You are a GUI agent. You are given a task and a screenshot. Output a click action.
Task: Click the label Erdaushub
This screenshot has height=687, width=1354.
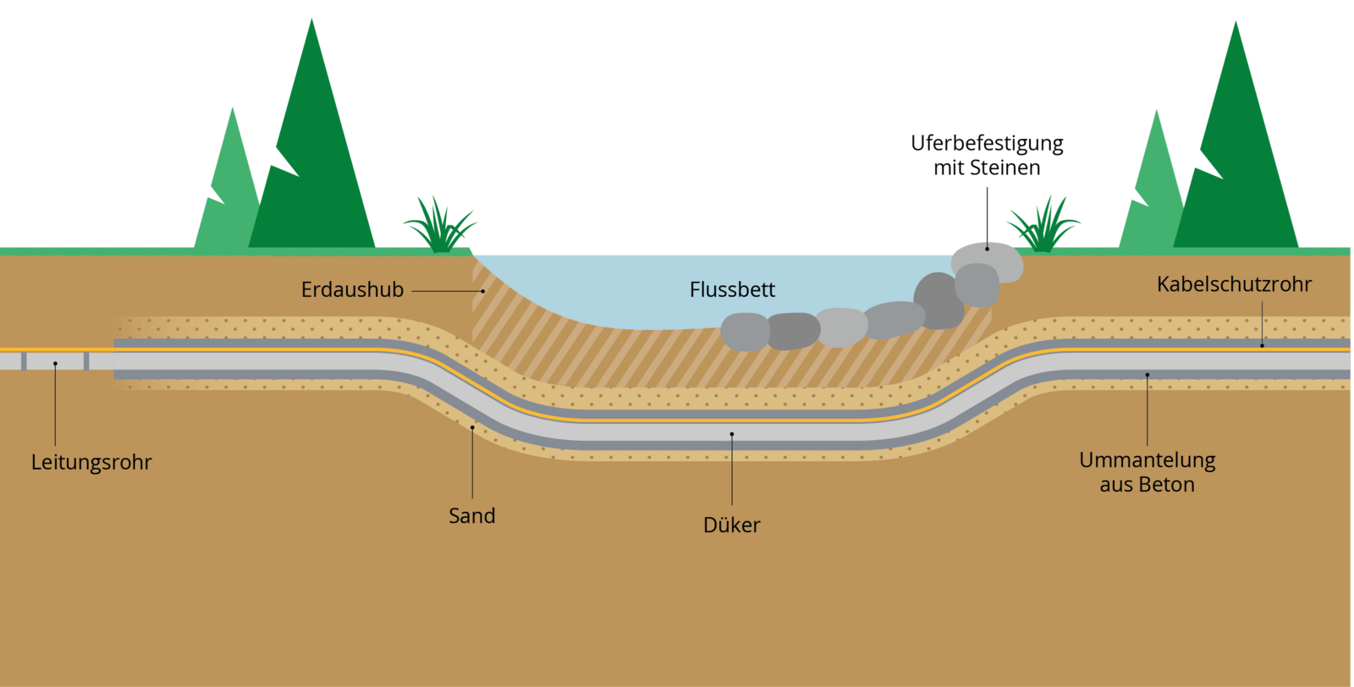[352, 290]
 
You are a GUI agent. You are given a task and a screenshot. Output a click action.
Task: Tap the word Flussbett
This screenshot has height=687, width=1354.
[732, 290]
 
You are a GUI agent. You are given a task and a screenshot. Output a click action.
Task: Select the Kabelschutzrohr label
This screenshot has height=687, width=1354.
[1234, 284]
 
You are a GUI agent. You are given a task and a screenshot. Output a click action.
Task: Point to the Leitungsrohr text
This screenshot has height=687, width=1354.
[91, 463]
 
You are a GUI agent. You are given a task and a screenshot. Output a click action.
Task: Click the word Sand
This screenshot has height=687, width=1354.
[472, 516]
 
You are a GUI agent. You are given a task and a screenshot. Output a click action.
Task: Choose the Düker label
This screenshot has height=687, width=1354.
[732, 525]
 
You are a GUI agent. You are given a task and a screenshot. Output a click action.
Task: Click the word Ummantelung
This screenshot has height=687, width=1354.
[1148, 460]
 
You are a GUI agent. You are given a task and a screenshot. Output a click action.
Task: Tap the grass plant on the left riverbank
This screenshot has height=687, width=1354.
[439, 227]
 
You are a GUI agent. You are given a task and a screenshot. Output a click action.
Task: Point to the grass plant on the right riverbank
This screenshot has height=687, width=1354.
[1043, 227]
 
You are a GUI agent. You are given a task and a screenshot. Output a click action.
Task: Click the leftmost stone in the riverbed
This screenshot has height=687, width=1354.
[745, 332]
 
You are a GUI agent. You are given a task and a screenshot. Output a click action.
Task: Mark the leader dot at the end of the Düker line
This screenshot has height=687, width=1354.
[732, 434]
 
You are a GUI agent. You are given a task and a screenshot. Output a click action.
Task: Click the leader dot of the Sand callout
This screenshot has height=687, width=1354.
[472, 428]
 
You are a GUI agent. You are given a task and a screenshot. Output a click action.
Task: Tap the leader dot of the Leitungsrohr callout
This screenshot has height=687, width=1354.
[55, 364]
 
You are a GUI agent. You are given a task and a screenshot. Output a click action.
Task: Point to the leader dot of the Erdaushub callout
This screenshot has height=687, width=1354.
[483, 291]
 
